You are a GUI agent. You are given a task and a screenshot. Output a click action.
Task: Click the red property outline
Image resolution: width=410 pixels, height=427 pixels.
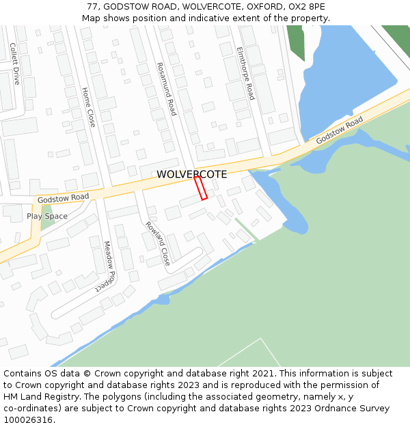(x=200, y=188)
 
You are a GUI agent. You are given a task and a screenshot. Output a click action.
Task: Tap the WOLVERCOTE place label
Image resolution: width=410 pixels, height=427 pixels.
(x=192, y=174)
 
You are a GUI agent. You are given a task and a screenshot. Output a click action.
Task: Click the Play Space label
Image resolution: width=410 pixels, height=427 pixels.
(x=47, y=217)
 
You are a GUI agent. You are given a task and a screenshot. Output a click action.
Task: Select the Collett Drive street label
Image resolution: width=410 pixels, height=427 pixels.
(x=15, y=64)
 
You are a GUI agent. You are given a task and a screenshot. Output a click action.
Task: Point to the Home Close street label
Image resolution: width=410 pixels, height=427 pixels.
(x=89, y=107)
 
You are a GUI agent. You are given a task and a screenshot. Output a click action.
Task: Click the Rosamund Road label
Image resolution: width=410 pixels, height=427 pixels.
(x=167, y=89)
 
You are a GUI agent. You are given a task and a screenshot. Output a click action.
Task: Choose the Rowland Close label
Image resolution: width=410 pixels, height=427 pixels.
(x=157, y=243)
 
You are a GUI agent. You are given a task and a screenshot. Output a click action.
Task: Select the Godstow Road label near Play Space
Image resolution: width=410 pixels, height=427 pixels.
(x=64, y=198)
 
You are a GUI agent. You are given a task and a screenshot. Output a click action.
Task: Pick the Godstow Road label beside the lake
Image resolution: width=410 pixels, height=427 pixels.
(x=340, y=130)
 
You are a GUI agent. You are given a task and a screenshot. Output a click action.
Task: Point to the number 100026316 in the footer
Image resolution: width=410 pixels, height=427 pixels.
(x=28, y=420)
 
